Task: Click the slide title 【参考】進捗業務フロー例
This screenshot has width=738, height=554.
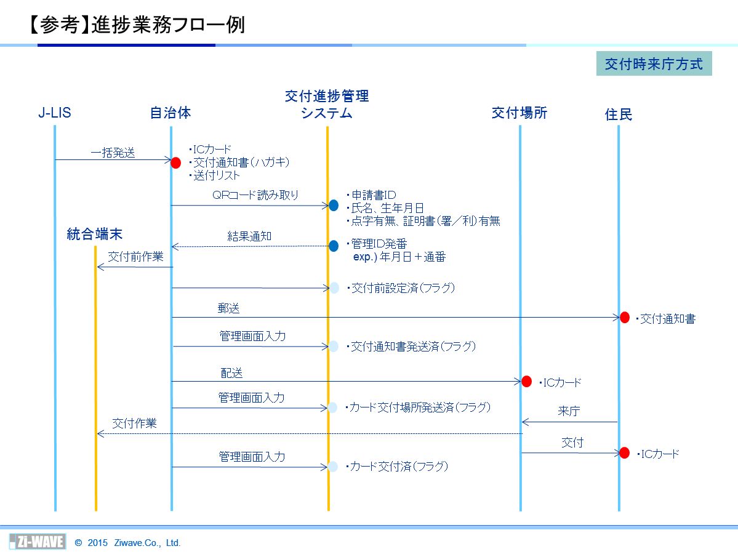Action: [137, 25]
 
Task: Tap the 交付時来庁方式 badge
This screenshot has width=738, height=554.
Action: [654, 63]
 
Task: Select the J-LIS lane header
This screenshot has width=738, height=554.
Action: [55, 113]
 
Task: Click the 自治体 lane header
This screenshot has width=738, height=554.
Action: [170, 113]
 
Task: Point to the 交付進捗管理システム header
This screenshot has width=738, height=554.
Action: [327, 105]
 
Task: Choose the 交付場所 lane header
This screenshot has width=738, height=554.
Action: [519, 113]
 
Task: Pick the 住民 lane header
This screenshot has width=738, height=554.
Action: [619, 114]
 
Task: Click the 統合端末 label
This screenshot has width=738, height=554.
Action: [95, 234]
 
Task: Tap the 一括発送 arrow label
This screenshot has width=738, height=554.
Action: [113, 153]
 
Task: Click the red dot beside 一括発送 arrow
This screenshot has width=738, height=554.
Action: [175, 163]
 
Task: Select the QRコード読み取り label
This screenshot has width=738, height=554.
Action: [255, 195]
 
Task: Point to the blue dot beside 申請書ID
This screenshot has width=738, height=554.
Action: [334, 205]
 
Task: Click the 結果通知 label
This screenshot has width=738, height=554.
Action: [249, 236]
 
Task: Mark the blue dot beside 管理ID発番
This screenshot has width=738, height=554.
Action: [334, 246]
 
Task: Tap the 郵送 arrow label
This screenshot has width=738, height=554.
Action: [229, 308]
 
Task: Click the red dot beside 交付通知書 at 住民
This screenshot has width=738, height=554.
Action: [625, 318]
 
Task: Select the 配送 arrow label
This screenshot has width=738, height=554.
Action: [231, 373]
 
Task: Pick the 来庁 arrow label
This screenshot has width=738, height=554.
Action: [569, 411]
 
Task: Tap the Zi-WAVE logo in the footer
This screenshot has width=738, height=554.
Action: [38, 542]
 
